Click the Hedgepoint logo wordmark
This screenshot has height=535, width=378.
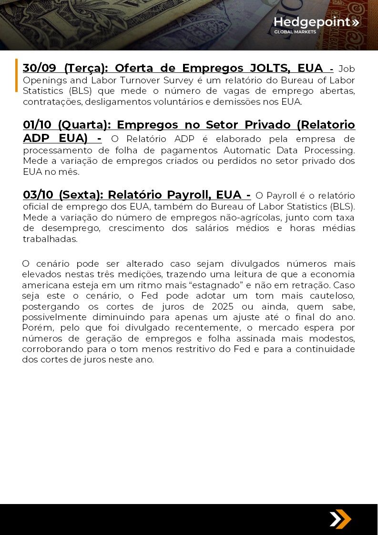pyautogui.click(x=312, y=22)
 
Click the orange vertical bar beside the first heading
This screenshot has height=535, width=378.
pyautogui.click(x=16, y=75)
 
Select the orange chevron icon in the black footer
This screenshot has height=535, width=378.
pyautogui.click(x=340, y=519)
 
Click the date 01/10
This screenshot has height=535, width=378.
pyautogui.click(x=38, y=125)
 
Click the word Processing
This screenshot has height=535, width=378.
pyautogui.click(x=332, y=150)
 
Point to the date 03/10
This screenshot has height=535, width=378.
pyautogui.click(x=38, y=195)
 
